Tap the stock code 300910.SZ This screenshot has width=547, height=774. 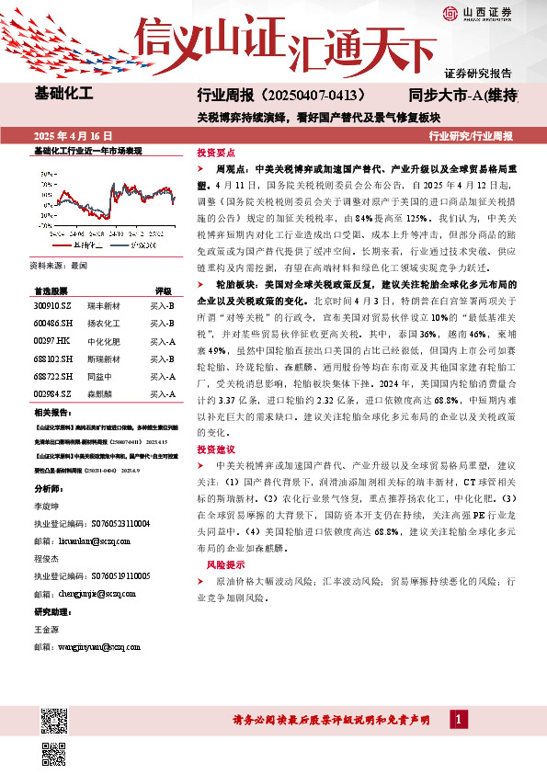point(52,305)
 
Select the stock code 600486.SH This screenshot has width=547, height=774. point(52,323)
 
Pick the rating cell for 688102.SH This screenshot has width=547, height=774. point(163,359)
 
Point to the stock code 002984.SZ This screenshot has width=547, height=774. point(52,393)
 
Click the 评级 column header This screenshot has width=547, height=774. point(163,289)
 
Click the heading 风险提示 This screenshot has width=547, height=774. point(224,563)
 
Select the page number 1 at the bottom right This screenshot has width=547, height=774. point(459,718)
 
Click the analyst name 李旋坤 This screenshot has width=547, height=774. point(49,506)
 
